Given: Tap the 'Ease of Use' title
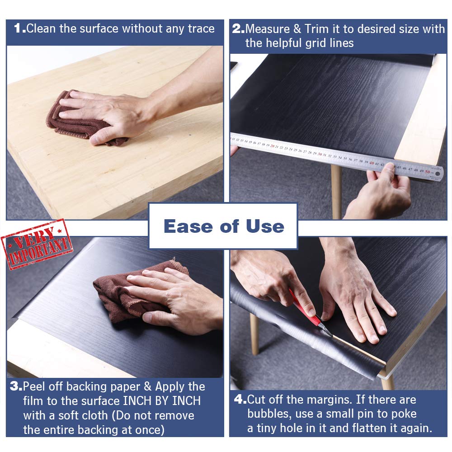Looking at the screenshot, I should (x=224, y=226).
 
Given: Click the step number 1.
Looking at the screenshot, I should (x=19, y=29).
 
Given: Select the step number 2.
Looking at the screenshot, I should (x=238, y=29).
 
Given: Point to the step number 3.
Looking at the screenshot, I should (x=16, y=386).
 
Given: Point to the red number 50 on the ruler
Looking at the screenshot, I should (x=427, y=171).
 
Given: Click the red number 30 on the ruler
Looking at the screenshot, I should (x=320, y=154).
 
